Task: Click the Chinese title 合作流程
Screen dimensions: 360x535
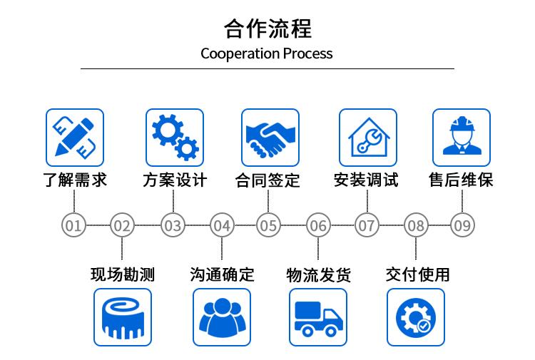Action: pyautogui.click(x=267, y=29)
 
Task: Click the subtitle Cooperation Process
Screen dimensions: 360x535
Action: pyautogui.click(x=267, y=53)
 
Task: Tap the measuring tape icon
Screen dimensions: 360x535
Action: pyautogui.click(x=123, y=317)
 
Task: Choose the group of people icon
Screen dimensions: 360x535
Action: pyautogui.click(x=222, y=317)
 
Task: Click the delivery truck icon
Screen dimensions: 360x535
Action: pyautogui.click(x=318, y=317)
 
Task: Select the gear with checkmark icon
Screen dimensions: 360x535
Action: pyautogui.click(x=415, y=317)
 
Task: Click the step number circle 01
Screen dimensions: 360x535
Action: pyautogui.click(x=73, y=226)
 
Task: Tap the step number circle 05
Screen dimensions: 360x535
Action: pyautogui.click(x=267, y=226)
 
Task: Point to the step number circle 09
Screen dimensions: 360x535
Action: pyautogui.click(x=462, y=226)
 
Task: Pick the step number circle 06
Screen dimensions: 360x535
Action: pyautogui.click(x=318, y=226)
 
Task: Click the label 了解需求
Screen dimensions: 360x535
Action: pyautogui.click(x=75, y=180)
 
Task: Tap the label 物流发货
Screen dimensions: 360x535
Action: pyautogui.click(x=318, y=274)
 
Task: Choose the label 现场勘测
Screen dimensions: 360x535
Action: pyautogui.click(x=123, y=274)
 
